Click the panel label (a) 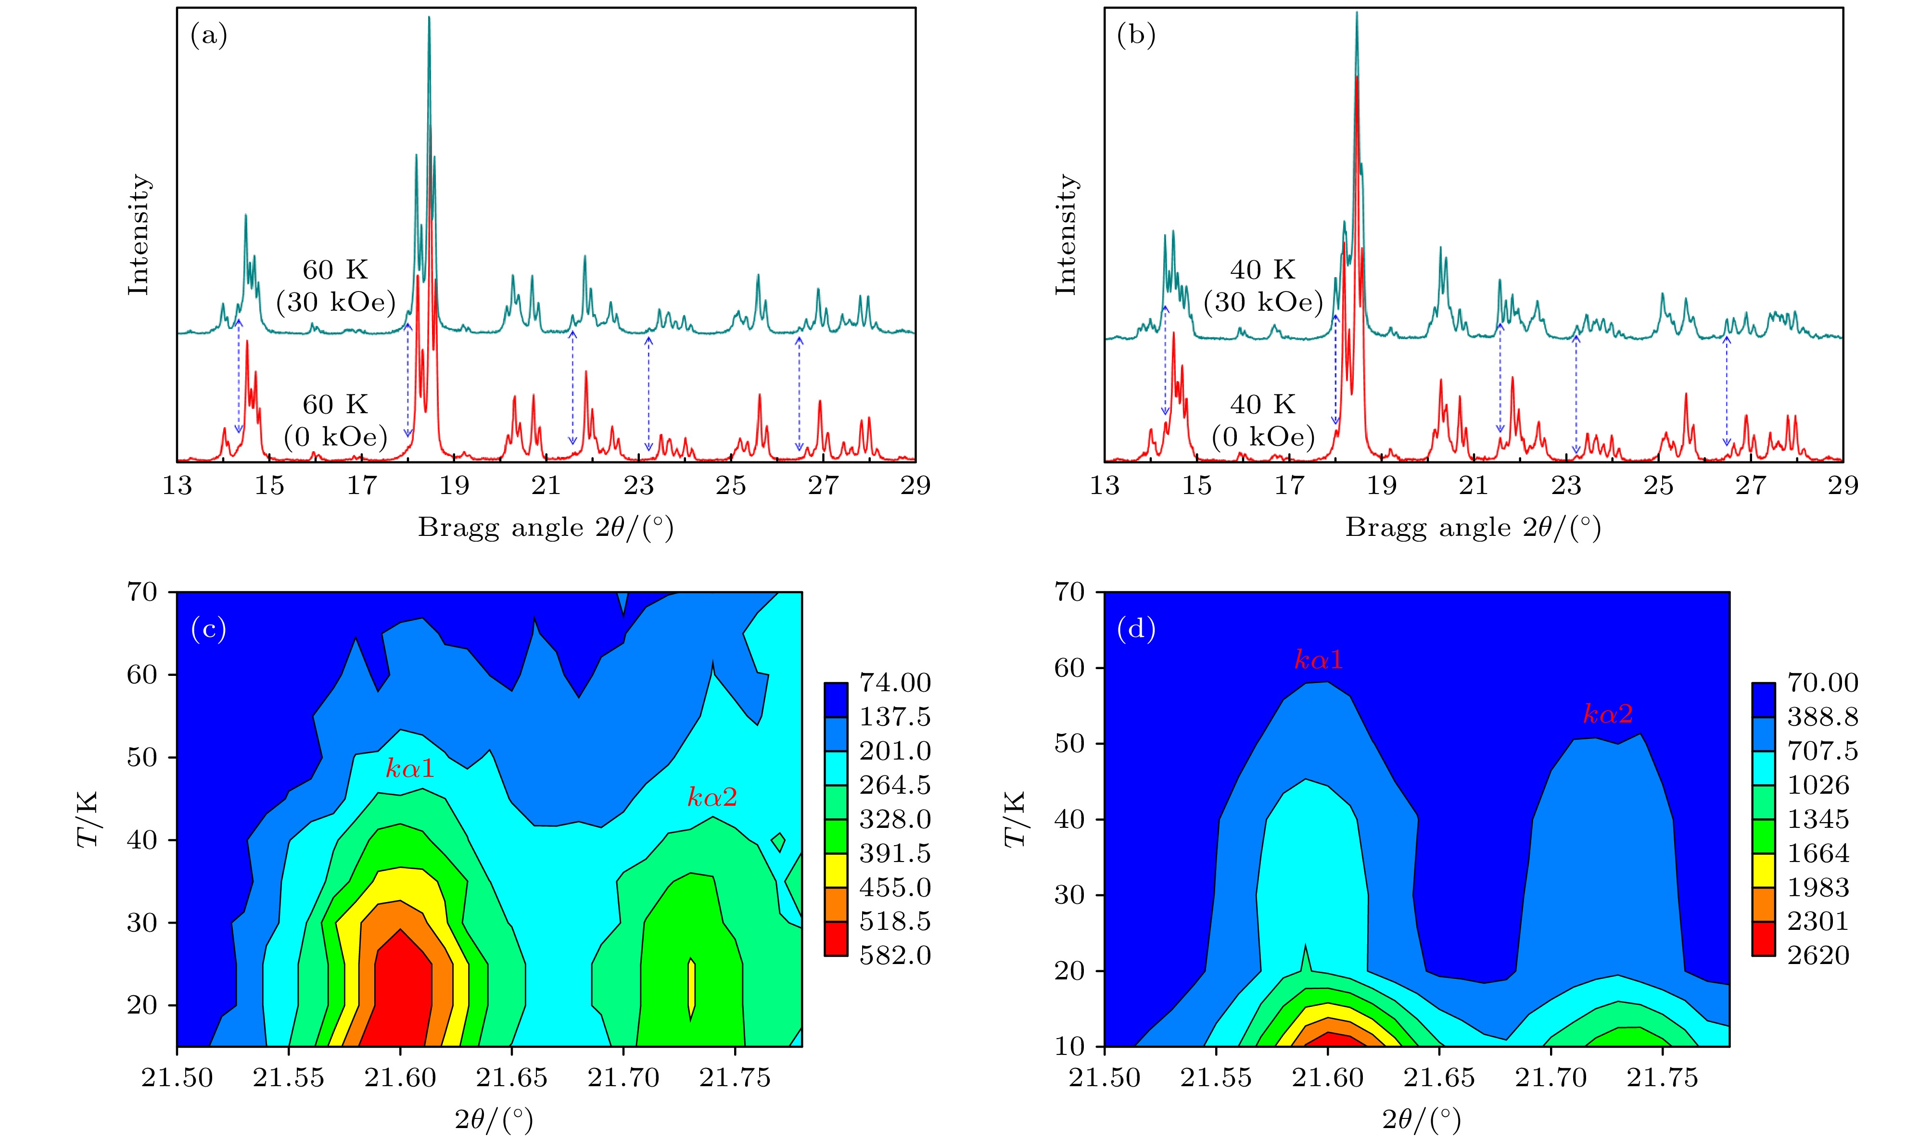[x=208, y=36]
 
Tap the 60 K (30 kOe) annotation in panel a [x=335, y=286]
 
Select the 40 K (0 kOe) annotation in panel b [x=1263, y=420]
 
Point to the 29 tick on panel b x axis [x=1843, y=485]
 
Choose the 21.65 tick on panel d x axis [x=1439, y=1078]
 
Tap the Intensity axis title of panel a [x=139, y=235]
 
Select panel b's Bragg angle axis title [x=1473, y=528]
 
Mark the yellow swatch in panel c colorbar [x=836, y=870]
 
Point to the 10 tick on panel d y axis [x=1069, y=1047]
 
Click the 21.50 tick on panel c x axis [x=177, y=1078]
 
